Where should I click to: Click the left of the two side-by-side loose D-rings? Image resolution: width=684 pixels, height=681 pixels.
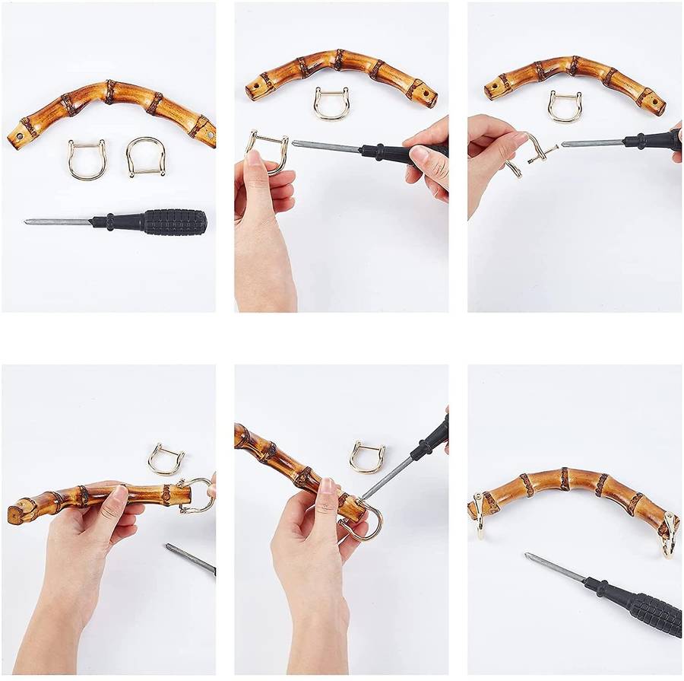click(86, 160)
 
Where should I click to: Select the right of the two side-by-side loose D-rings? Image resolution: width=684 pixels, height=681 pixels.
click(145, 157)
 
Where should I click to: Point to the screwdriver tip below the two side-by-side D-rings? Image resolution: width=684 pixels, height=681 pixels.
click(28, 221)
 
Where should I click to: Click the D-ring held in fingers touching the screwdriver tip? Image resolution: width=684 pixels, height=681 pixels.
click(268, 149)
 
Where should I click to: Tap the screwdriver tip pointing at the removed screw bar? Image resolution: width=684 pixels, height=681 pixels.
click(565, 144)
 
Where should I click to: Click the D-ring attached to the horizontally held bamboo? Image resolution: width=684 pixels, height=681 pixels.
click(195, 495)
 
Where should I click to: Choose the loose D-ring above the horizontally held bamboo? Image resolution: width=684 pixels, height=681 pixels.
click(166, 460)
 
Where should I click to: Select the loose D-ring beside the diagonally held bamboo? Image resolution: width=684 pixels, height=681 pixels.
click(367, 457)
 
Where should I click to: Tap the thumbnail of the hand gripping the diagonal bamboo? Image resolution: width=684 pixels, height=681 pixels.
click(326, 485)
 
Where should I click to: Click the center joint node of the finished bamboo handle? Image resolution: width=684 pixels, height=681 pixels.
click(565, 478)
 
